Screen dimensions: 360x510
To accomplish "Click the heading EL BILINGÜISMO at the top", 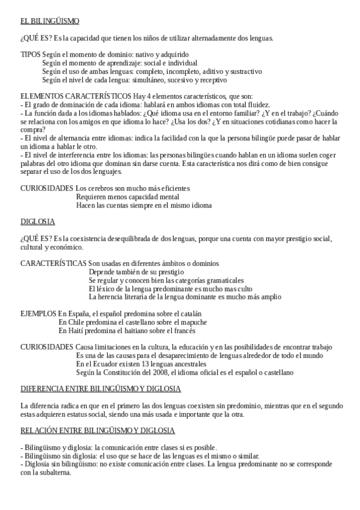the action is (49, 21).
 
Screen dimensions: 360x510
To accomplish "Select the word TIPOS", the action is (31, 54).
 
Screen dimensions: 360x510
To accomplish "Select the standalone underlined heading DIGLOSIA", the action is (37, 221).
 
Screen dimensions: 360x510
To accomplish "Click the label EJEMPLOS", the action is (38, 313).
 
